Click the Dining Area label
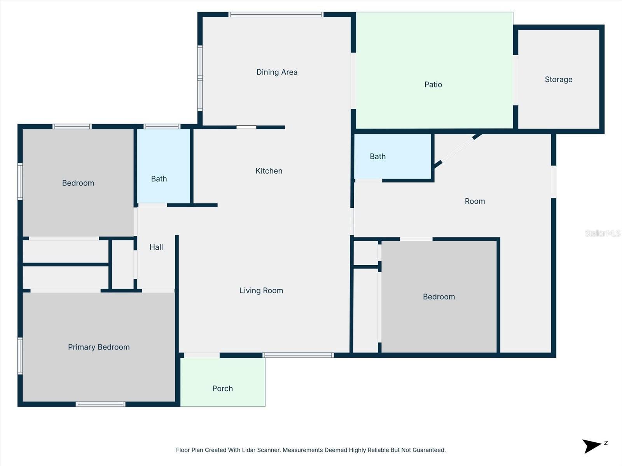(x=277, y=72)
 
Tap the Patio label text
(x=433, y=85)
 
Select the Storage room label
(x=558, y=80)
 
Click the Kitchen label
(x=269, y=171)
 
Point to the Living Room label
(x=261, y=290)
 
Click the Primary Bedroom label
(x=99, y=347)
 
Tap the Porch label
(x=222, y=388)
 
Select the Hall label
(x=156, y=247)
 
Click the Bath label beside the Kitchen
(x=159, y=179)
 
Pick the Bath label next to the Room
(x=377, y=156)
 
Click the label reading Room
(x=475, y=201)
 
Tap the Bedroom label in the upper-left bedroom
(x=78, y=183)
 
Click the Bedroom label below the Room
(x=439, y=297)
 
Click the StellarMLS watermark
(x=602, y=233)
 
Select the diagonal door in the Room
(x=457, y=150)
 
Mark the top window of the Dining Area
(x=276, y=15)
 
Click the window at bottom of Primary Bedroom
(x=100, y=404)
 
